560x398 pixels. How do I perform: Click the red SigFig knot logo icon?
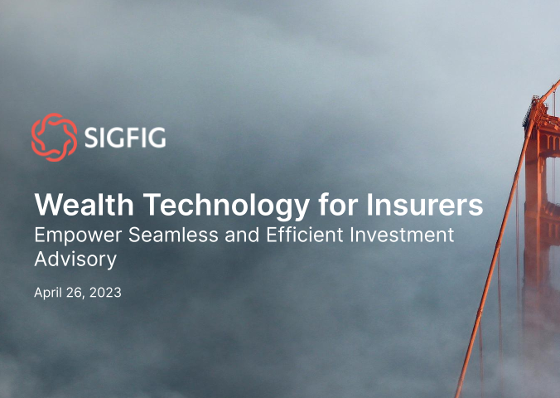(x=54, y=137)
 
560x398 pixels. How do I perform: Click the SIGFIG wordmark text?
(x=124, y=138)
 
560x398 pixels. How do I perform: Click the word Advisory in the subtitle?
(x=75, y=259)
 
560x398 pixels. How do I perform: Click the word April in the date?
(x=48, y=293)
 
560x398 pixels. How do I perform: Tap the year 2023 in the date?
(x=105, y=293)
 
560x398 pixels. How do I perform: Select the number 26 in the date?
(x=76, y=293)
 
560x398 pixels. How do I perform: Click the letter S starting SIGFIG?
(x=90, y=138)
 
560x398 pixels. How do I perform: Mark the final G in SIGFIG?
(x=157, y=138)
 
